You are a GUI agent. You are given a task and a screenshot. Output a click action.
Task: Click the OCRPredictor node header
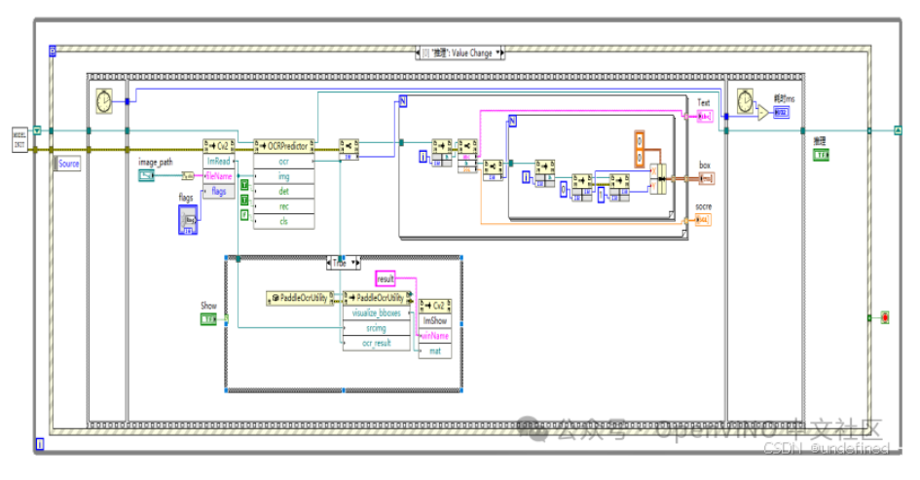(x=283, y=145)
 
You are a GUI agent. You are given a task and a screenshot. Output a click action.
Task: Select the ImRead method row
(x=219, y=161)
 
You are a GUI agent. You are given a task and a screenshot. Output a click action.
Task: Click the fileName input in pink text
(x=219, y=176)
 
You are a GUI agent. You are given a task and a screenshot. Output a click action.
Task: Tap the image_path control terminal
(x=146, y=176)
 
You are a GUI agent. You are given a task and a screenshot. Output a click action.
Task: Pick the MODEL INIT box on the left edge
(x=19, y=138)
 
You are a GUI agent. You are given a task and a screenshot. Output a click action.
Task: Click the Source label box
(x=69, y=164)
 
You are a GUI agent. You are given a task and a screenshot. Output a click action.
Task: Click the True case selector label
(x=340, y=263)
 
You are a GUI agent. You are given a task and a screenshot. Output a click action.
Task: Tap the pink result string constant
(x=386, y=279)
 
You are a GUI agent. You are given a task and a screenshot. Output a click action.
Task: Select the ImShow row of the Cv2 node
(x=434, y=319)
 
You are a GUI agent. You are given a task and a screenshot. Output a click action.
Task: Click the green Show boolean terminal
(x=209, y=319)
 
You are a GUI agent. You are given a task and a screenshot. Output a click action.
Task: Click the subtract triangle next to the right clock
(x=761, y=113)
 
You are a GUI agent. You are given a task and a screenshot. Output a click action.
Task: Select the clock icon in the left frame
(x=103, y=99)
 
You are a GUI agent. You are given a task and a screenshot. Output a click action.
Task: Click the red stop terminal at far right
(x=884, y=317)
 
